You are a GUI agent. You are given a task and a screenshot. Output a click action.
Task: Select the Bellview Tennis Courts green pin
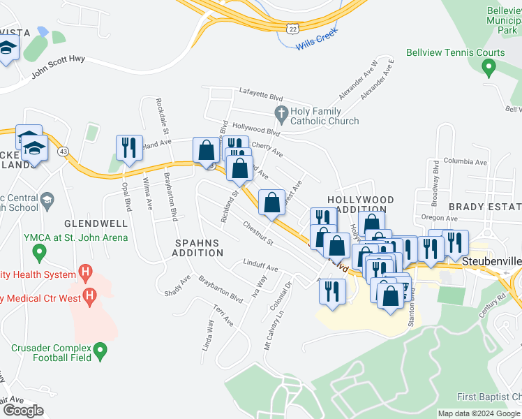tap(489, 68)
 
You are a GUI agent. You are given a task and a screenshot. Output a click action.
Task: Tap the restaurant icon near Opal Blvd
tap(129, 149)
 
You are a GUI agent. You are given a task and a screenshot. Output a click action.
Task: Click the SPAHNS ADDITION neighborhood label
tap(197, 248)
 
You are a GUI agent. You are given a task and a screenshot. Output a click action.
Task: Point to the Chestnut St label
tap(258, 234)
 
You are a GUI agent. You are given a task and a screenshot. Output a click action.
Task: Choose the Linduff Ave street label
tap(260, 268)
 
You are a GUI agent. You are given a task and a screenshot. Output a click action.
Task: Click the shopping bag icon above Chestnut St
tap(271, 203)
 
